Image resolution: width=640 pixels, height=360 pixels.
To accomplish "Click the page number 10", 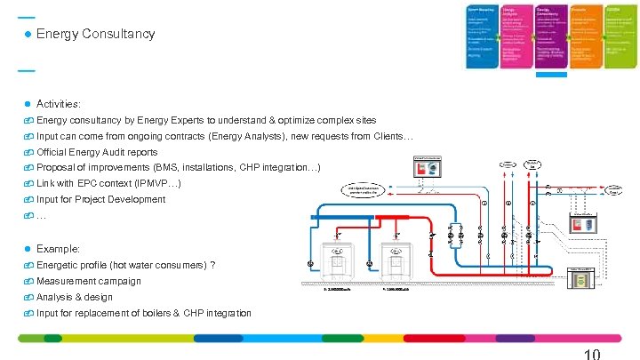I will tap(592, 354).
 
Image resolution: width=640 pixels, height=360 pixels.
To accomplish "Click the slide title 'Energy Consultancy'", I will tap(96, 34).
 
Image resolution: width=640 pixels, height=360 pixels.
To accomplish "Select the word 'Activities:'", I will tap(59, 104).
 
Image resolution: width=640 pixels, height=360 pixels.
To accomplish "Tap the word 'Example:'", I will tap(59, 249).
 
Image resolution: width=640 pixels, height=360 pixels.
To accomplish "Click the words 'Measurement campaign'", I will tap(89, 281).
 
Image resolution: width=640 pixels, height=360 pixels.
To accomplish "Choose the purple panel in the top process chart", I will tap(550, 36).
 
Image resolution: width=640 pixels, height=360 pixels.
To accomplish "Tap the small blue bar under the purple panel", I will tap(550, 75).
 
